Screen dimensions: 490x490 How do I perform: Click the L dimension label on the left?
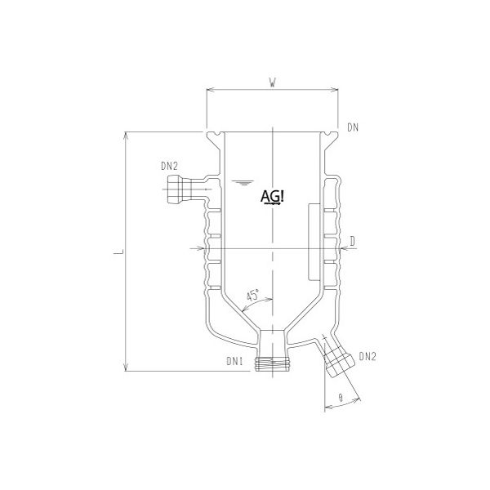[116, 256]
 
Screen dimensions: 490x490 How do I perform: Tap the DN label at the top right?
[353, 127]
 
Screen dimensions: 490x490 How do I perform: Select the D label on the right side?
[352, 238]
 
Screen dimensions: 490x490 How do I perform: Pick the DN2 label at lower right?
[368, 355]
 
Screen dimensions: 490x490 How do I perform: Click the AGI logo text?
[271, 196]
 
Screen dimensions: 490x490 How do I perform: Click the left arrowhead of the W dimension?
[210, 89]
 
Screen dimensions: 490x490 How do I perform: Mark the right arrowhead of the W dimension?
[336, 89]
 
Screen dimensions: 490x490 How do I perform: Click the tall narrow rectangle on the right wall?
[314, 242]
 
